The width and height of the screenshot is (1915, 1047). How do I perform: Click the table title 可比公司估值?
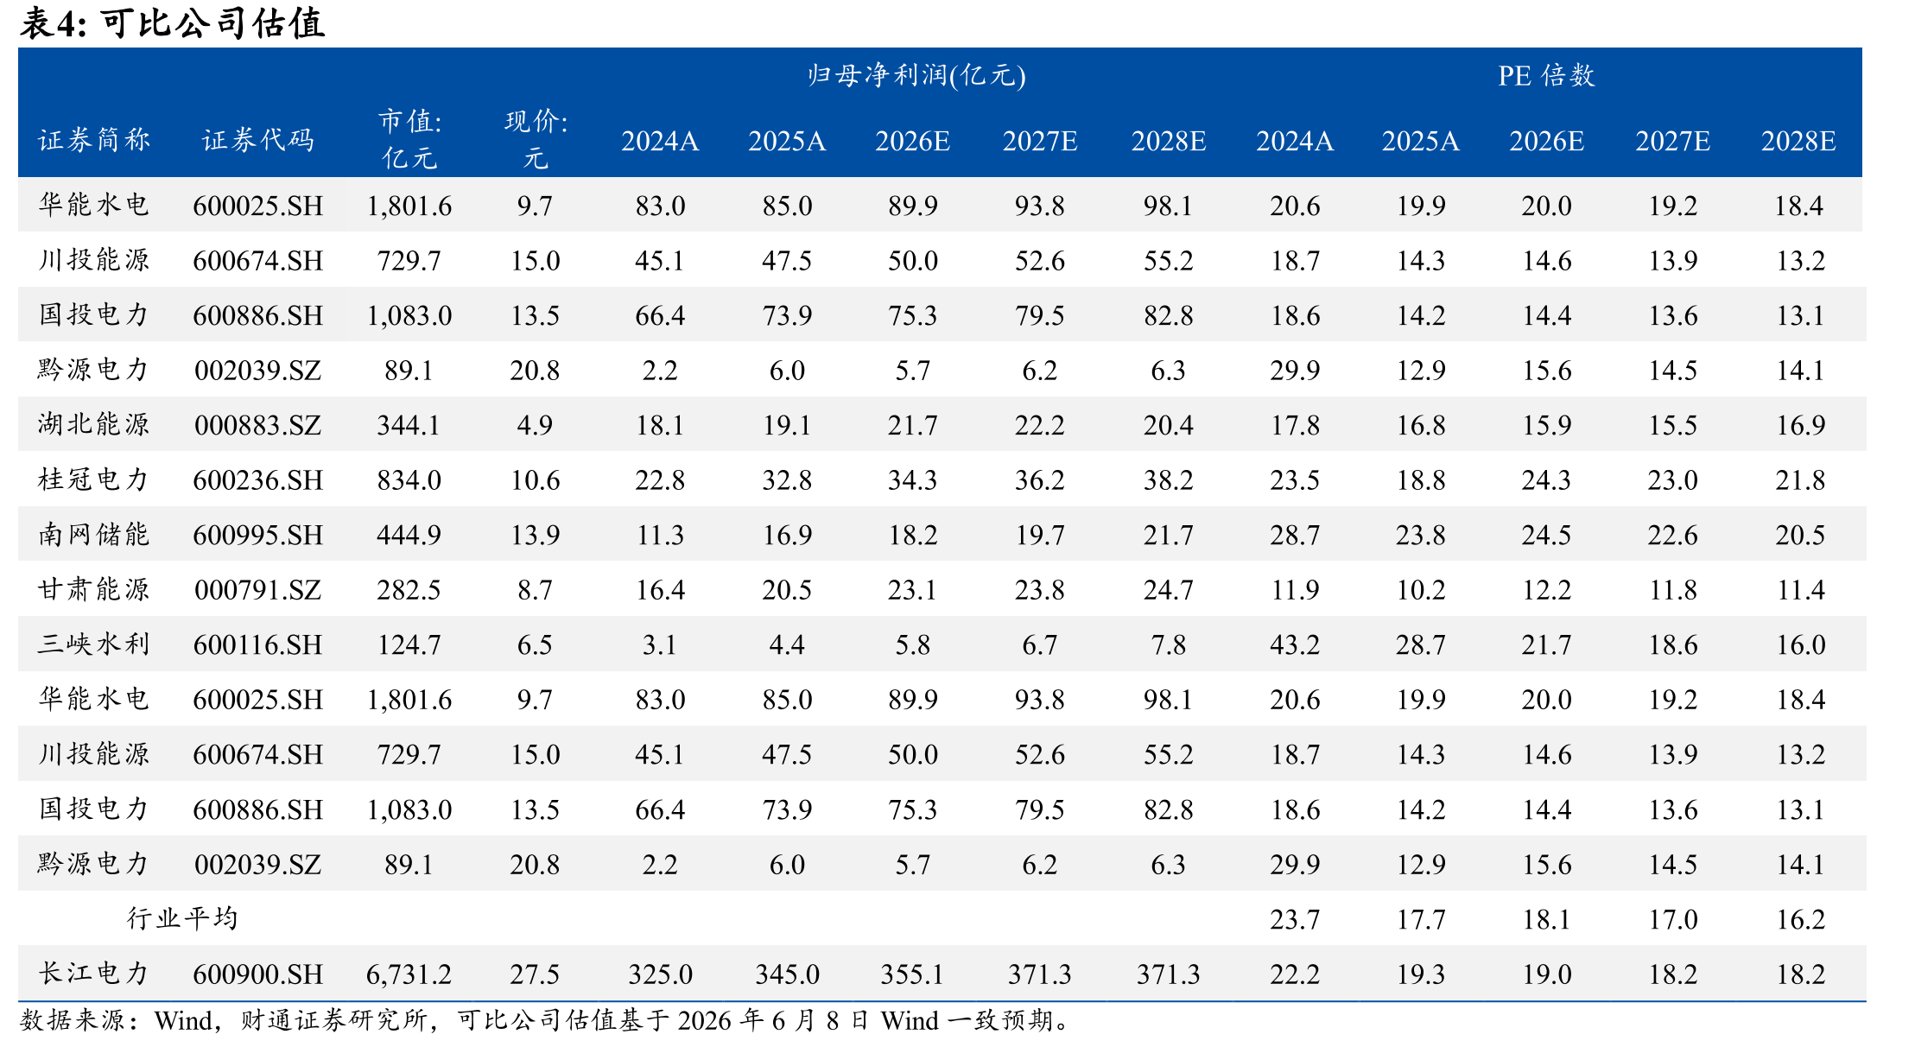point(212,23)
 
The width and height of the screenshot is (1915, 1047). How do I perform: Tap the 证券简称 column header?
point(94,140)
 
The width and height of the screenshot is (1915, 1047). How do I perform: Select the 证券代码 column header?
point(257,140)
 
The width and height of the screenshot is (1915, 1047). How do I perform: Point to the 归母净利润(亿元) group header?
point(916,76)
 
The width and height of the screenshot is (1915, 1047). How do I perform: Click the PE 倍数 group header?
point(1546,76)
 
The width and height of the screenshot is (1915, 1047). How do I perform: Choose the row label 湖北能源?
point(94,424)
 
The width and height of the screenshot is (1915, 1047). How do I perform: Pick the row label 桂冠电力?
point(94,479)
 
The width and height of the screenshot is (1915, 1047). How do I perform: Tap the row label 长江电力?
point(94,974)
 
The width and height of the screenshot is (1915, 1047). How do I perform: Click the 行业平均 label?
point(182,918)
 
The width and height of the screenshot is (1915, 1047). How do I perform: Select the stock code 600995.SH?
point(257,535)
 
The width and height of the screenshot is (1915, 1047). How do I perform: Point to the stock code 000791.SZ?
point(257,590)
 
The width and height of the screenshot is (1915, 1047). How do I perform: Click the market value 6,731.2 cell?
point(409,974)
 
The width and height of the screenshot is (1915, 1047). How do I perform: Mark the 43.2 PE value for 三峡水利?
point(1295,644)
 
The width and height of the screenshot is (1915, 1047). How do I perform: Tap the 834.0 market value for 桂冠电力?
point(409,480)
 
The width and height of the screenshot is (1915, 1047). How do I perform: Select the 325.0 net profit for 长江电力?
point(660,974)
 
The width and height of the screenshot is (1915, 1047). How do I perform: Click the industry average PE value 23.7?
point(1295,919)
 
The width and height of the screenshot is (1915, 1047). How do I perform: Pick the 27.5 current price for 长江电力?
point(535,974)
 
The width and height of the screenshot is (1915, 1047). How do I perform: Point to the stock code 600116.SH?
point(257,644)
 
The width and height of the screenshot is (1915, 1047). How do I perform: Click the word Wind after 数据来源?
point(183,1021)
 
